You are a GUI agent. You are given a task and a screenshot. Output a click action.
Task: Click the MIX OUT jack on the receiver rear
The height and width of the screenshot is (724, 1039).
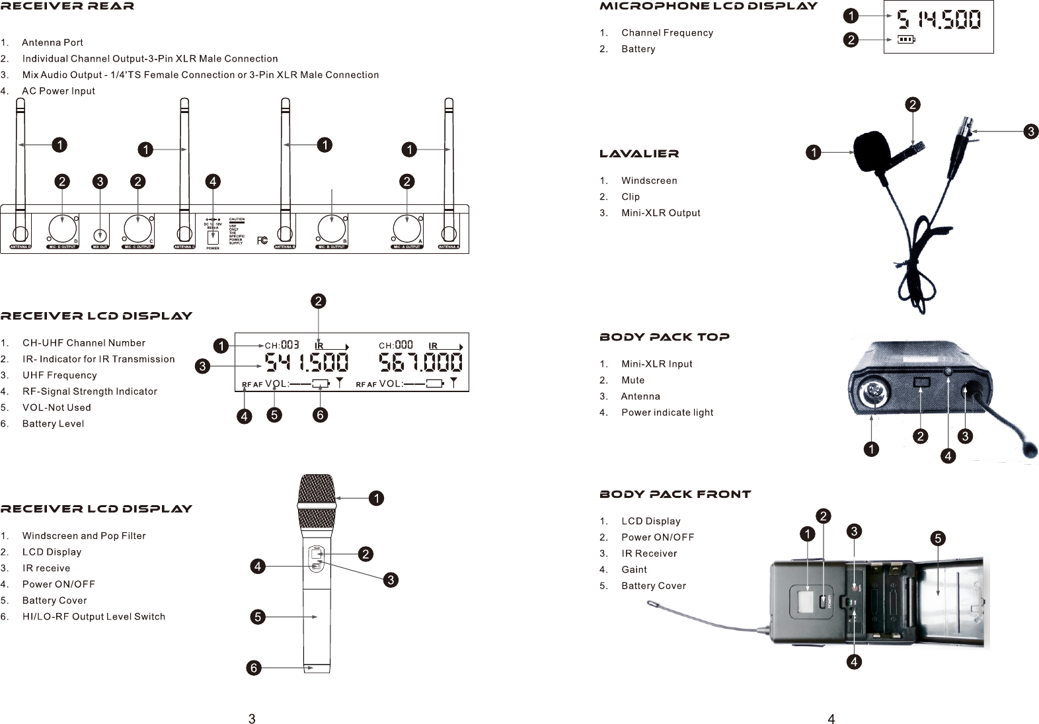point(100,234)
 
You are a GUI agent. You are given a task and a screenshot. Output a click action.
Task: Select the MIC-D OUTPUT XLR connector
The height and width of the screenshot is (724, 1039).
point(62,229)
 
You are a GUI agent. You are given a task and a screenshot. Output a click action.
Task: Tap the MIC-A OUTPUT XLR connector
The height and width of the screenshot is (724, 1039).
point(406,229)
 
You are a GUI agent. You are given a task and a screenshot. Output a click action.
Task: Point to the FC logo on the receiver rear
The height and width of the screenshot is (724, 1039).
point(262,240)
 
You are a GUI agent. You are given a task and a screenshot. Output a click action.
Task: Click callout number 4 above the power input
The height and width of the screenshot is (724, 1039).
point(212,181)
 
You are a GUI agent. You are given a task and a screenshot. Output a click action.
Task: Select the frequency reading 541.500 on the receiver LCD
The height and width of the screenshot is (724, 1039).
point(307,363)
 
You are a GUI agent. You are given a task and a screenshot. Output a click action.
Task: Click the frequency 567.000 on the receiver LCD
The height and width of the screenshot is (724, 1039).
point(420,363)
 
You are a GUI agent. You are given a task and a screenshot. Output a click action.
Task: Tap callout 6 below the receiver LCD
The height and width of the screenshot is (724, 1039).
point(320,415)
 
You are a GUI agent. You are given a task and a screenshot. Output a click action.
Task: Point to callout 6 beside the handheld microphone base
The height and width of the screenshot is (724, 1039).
point(252,668)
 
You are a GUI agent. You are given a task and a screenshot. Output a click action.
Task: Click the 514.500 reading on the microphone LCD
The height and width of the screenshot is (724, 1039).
point(939,21)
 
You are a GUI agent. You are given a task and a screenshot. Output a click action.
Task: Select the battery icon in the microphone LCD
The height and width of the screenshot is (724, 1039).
point(906,40)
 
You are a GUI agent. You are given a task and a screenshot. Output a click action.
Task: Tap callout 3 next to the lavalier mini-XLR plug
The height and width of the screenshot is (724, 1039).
point(1030,132)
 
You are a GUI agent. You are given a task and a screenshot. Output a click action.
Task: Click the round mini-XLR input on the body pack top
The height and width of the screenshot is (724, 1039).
point(874,397)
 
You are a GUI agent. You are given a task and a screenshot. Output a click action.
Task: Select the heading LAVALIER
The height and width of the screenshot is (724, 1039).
point(638,154)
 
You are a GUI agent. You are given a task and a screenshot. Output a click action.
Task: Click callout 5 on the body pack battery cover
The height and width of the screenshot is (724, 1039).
point(937,538)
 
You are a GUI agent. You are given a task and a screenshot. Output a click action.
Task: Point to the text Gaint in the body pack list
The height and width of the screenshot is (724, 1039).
point(634,569)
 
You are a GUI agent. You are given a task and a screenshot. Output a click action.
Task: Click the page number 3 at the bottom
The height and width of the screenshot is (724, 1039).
point(252,719)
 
